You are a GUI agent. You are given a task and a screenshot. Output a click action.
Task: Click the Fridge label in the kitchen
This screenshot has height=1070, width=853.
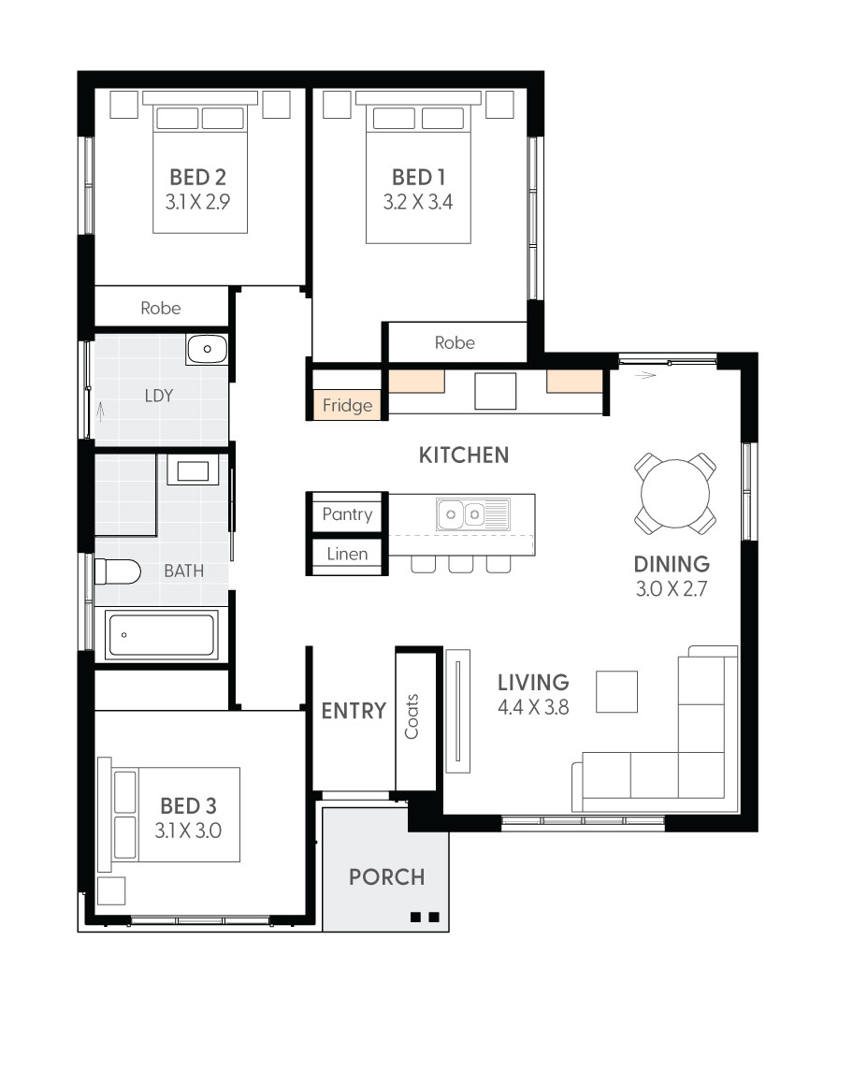[347, 405]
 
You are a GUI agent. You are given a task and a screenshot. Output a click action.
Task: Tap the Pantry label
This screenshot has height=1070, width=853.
[347, 513]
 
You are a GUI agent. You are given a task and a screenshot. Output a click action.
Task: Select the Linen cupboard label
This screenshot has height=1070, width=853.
[347, 554]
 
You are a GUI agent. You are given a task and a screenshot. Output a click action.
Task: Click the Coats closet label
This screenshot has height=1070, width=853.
[412, 716]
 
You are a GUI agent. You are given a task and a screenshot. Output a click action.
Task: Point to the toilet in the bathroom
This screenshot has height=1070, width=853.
[117, 571]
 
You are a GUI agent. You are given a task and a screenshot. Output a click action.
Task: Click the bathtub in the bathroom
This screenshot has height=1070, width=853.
[162, 635]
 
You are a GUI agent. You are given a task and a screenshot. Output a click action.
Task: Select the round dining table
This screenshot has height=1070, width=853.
[675, 493]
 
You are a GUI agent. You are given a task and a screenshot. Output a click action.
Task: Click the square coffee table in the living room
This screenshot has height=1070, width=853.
[617, 692]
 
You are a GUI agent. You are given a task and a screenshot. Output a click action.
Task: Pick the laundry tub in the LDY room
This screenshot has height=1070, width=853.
[207, 349]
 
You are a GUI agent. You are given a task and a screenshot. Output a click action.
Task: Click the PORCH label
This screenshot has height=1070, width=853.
[387, 877]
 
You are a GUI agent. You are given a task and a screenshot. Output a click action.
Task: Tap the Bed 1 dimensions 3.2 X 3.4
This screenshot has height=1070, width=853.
[418, 202]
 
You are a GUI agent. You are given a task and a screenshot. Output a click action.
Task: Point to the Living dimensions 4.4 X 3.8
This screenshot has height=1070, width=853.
[534, 708]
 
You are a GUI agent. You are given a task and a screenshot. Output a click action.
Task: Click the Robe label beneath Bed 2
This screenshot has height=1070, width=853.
[161, 308]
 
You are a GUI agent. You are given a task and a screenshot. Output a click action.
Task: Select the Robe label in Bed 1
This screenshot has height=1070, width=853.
[455, 342]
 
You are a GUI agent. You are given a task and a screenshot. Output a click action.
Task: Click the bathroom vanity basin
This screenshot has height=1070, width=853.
[193, 470]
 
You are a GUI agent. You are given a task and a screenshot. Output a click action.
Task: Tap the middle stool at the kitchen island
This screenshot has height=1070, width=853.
[460, 564]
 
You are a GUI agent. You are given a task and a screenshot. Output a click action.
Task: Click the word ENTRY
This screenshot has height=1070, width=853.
[354, 711]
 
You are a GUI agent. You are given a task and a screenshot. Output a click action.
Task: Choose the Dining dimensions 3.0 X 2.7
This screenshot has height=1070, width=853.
[672, 589]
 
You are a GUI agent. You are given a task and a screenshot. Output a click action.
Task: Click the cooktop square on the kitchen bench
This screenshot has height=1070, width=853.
[496, 391]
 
